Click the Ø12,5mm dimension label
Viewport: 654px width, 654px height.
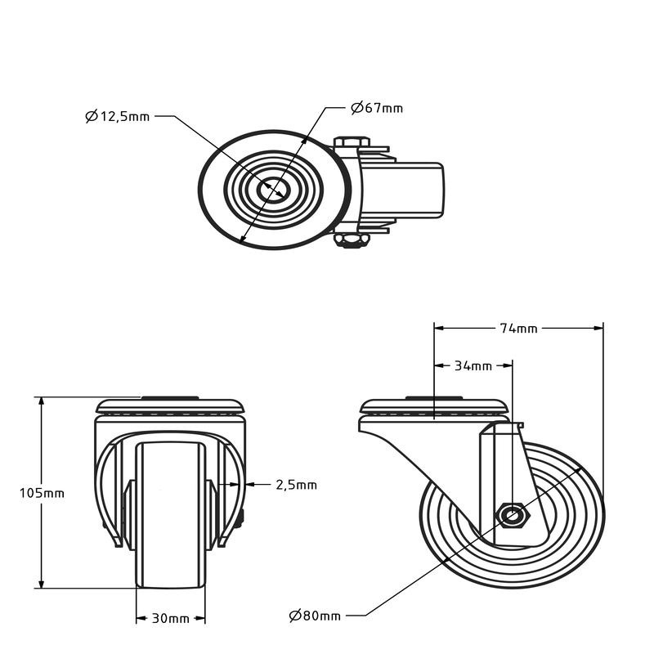[x=117, y=116]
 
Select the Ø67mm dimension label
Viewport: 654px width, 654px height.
[x=377, y=108]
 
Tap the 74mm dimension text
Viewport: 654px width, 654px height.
[x=519, y=329]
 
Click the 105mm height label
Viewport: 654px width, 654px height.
[x=43, y=494]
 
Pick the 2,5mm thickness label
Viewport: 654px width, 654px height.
[x=297, y=485]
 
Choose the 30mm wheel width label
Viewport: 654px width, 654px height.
[x=170, y=619]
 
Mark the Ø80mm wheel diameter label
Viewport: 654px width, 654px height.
[x=315, y=616]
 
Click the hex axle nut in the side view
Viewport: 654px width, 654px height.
[x=513, y=516]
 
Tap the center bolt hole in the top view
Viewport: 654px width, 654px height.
[x=273, y=190]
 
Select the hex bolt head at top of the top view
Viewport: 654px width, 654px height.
[x=352, y=141]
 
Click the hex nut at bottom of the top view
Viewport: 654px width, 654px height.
[x=352, y=240]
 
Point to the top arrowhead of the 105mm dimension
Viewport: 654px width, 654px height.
[x=41, y=401]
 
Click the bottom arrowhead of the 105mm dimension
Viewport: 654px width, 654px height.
[x=41, y=583]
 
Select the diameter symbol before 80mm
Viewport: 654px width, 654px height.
[x=295, y=616]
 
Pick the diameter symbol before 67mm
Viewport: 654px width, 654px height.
[x=357, y=108]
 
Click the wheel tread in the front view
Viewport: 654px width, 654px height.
[x=171, y=515]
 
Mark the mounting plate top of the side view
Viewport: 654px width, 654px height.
[x=434, y=405]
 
